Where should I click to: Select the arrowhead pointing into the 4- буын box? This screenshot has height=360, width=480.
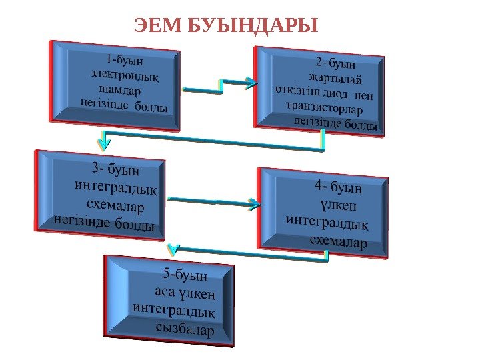pos(253,204)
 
